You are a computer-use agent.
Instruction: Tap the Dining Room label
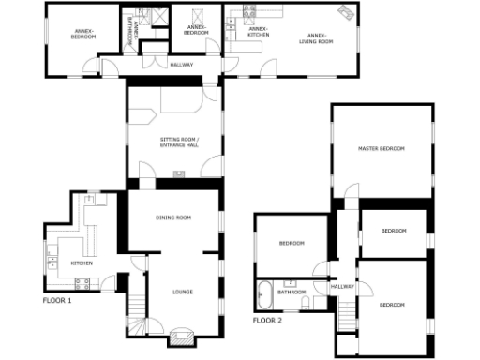173,217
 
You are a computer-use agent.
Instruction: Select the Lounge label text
182,292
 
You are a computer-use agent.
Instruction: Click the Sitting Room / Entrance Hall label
178,142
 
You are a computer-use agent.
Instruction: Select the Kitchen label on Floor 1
82,263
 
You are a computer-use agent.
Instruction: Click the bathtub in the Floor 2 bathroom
265,294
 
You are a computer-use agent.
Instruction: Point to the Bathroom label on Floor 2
292,292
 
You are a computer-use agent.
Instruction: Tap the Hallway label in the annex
181,65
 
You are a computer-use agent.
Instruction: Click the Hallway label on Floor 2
342,286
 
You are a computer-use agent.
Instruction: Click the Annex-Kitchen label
258,32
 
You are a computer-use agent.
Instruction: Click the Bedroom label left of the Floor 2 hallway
292,244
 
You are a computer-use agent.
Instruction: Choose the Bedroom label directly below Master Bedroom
394,231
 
